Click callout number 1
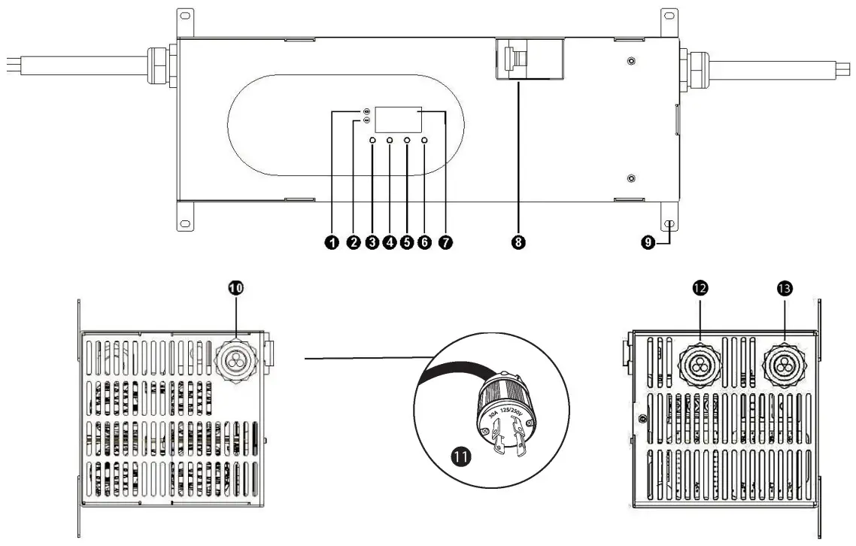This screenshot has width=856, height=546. tap(332, 242)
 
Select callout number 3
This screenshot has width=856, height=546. tap(372, 242)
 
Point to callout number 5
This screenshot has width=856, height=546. tap(407, 242)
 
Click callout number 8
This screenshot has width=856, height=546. tap(518, 242)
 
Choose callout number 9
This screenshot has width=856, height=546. tap(647, 242)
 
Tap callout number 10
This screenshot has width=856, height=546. tap(237, 288)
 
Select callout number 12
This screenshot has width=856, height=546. tap(700, 288)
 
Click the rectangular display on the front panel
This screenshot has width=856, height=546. tap(399, 120)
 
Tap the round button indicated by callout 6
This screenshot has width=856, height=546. tap(424, 141)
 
